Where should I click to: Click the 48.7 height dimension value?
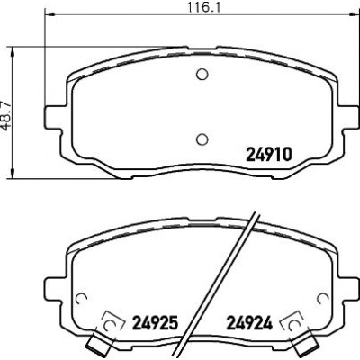(x=5, y=112)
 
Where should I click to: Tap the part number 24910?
(x=269, y=155)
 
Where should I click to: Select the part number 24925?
(x=156, y=323)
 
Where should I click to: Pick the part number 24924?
(x=249, y=323)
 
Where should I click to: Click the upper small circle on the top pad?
(x=202, y=74)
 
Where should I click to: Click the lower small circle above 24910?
(x=202, y=139)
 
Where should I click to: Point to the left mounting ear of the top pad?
(x=56, y=117)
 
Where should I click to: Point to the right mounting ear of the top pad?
(x=348, y=117)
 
